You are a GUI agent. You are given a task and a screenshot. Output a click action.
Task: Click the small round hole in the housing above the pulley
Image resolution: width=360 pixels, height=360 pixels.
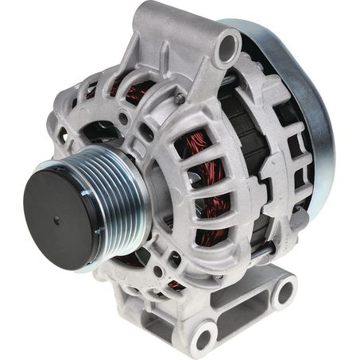click(x=122, y=118)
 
